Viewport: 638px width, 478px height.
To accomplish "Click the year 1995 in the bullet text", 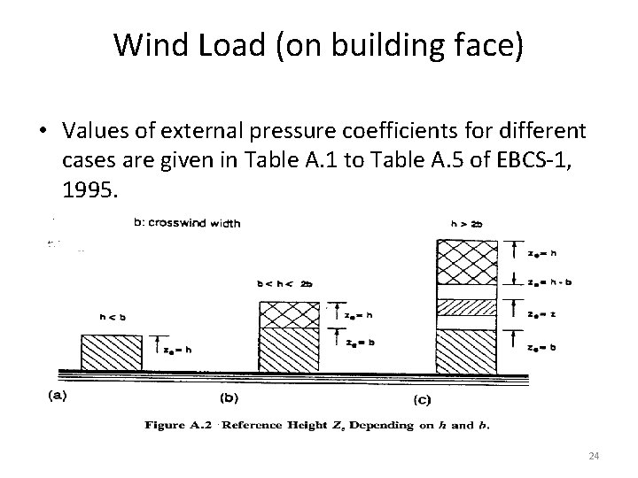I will point(89,190).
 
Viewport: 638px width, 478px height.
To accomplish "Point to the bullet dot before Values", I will point(42,131).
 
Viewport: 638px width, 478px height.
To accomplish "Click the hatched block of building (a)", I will point(111,352).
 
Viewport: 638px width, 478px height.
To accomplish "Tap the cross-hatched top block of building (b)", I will point(291,313).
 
